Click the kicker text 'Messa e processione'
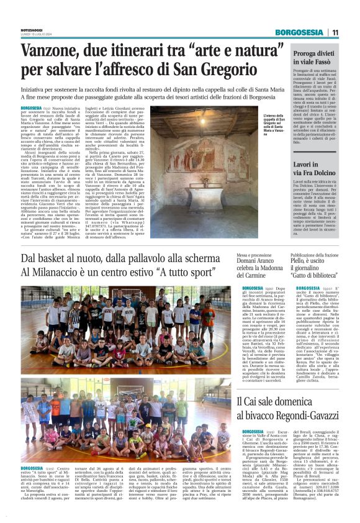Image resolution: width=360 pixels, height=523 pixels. pos(239,255)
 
